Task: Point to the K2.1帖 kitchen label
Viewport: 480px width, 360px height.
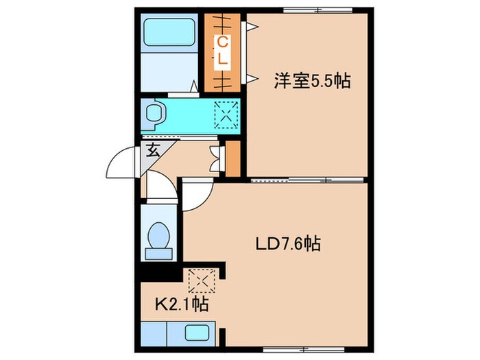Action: [x=182, y=302]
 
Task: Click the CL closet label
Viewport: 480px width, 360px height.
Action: [x=221, y=51]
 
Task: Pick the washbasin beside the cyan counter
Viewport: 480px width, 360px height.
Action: [x=153, y=115]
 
